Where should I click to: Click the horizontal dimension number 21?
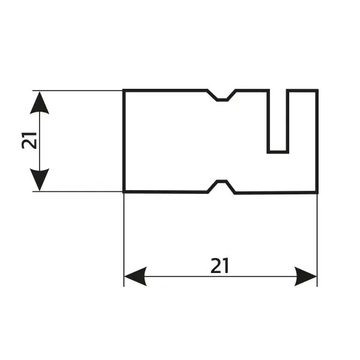coord(220,265)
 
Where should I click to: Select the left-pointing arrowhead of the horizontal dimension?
coord(134,277)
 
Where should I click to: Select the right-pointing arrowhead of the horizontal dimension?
coord(306,277)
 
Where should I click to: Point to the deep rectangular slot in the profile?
coord(277,120)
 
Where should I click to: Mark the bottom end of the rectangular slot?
coord(277,150)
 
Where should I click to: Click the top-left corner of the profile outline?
coord(124,91)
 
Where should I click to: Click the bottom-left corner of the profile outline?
coord(124,192)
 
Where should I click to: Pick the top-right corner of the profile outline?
coord(317,91)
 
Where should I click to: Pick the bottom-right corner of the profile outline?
coord(317,193)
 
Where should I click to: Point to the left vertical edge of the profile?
coord(124,141)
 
